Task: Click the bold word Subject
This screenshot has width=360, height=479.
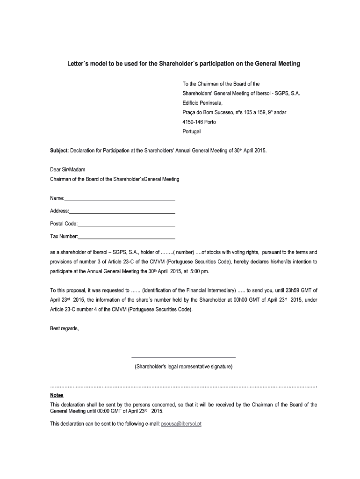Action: pyautogui.click(x=59, y=152)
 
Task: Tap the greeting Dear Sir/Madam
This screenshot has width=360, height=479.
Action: pyautogui.click(x=68, y=169)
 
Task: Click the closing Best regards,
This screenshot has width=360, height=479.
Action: pyautogui.click(x=65, y=328)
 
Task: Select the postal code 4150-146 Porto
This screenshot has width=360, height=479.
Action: pyautogui.click(x=199, y=122)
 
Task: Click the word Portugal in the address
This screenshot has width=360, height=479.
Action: pyautogui.click(x=191, y=131)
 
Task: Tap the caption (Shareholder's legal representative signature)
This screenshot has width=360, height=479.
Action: pyautogui.click(x=183, y=367)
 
